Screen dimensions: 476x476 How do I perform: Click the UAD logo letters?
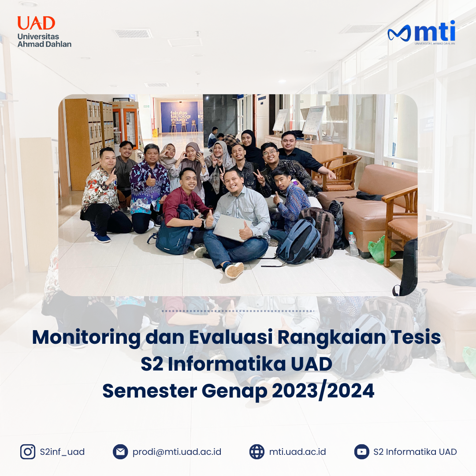36,23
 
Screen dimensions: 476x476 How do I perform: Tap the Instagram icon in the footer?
28,452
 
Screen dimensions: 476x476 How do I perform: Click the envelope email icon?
120,452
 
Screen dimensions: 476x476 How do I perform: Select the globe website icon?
257,452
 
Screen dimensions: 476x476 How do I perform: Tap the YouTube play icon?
361,452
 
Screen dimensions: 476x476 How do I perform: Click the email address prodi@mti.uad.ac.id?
177,452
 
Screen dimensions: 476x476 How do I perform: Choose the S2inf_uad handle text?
62,452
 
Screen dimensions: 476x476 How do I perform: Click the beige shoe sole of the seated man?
234,270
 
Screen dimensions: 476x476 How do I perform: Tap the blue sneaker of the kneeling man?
102,238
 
